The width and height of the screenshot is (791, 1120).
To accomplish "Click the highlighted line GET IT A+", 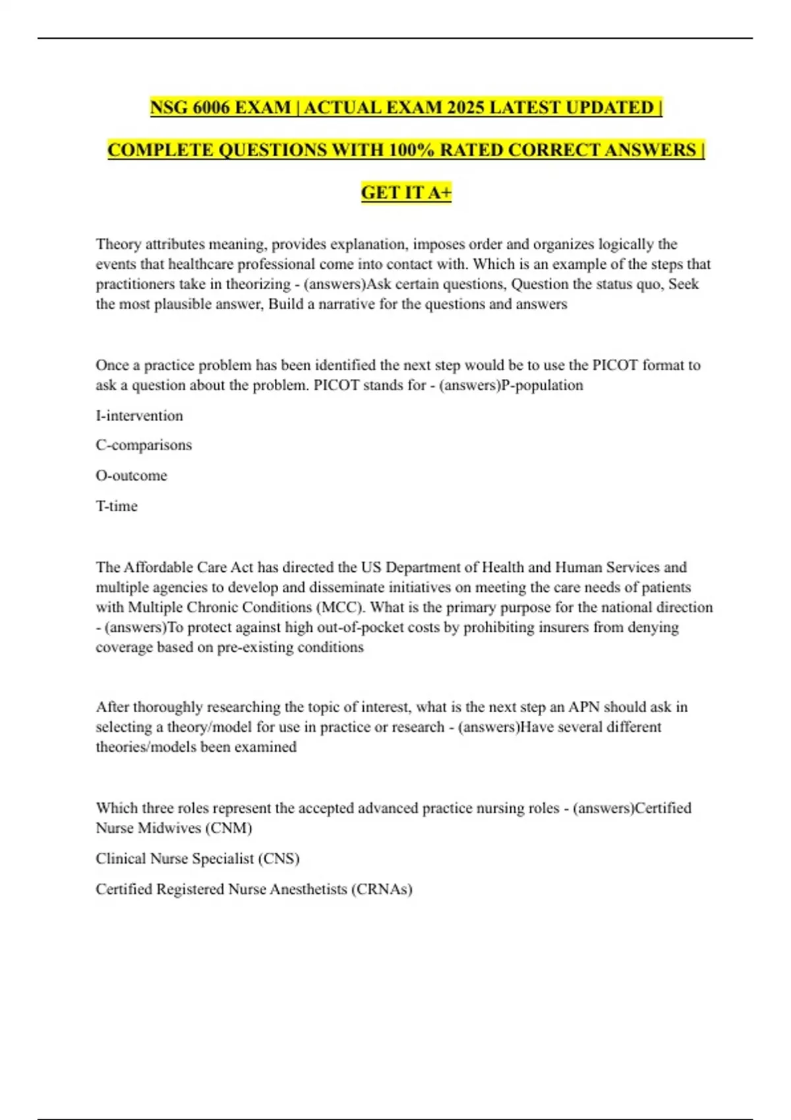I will [406, 192].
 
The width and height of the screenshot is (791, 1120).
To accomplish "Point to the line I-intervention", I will [139, 416].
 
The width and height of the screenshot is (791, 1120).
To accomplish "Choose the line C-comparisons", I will [144, 445].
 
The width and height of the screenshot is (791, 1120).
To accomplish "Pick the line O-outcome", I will [131, 476].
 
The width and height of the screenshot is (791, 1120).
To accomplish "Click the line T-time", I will [117, 506].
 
